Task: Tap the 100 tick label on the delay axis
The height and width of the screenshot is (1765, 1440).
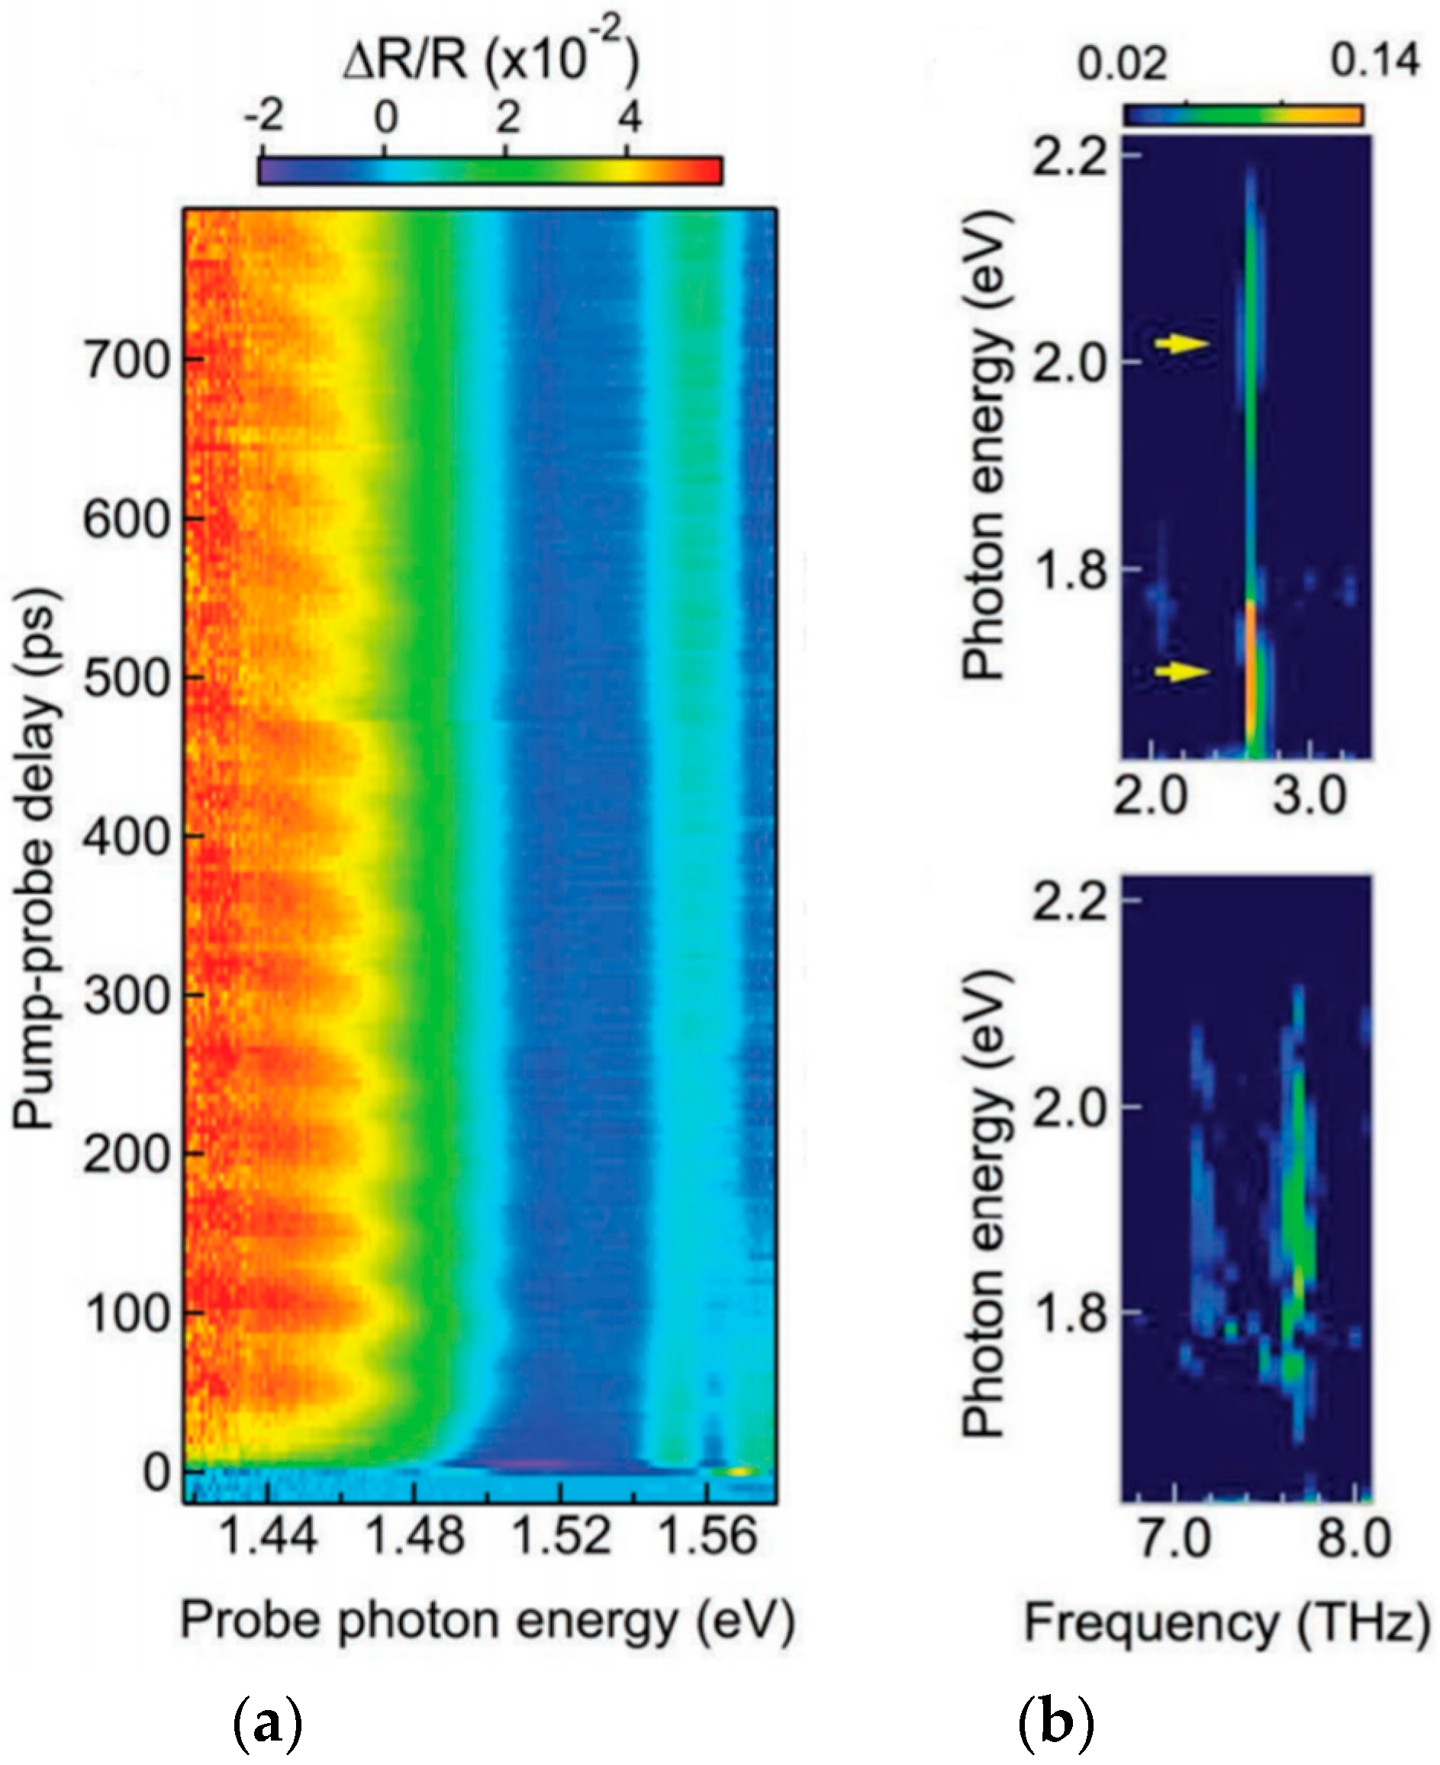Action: pyautogui.click(x=126, y=1313)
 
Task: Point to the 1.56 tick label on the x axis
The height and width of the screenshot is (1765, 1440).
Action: pyautogui.click(x=707, y=1536)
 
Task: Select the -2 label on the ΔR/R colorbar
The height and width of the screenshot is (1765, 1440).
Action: pyautogui.click(x=264, y=118)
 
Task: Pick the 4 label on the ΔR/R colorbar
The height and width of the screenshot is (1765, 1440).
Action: pyautogui.click(x=630, y=118)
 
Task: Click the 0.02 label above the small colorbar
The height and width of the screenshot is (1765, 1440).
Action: pyautogui.click(x=1122, y=63)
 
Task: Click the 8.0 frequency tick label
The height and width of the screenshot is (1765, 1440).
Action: pyautogui.click(x=1354, y=1539)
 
